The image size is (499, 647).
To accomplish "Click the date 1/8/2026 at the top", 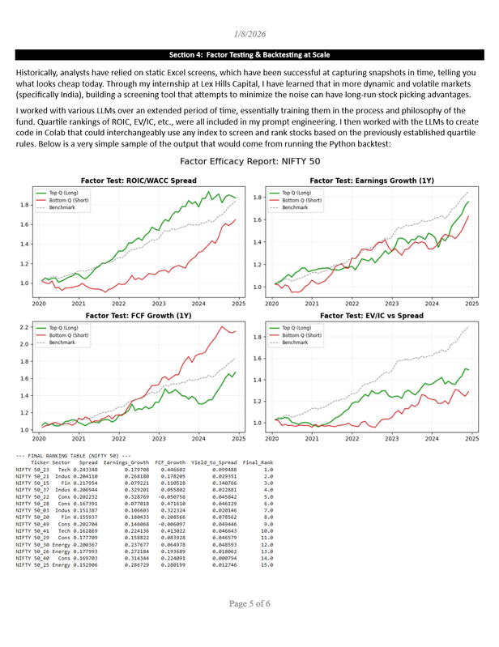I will tap(249, 34).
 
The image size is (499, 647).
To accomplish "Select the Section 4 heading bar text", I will tap(249, 55).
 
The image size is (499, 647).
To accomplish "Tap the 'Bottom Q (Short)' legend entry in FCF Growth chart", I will tap(73, 335).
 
